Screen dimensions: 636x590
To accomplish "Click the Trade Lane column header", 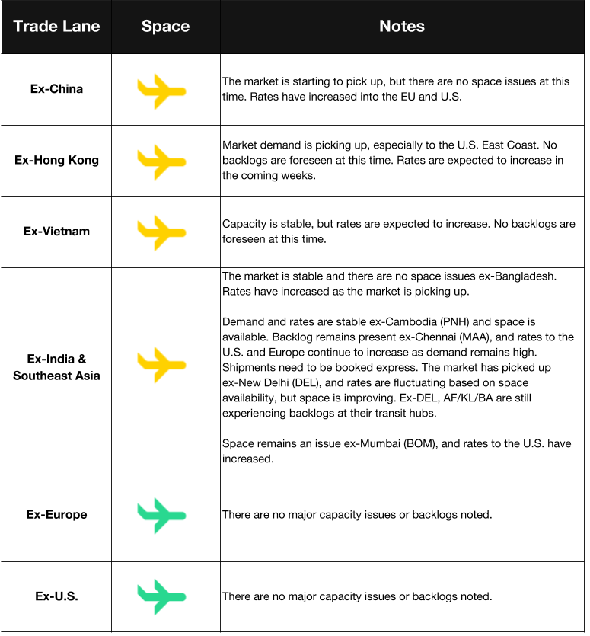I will tap(56, 27).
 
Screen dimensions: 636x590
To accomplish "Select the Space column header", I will tap(165, 27).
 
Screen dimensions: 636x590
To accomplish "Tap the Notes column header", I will tap(402, 27).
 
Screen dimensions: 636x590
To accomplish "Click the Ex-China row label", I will tap(56, 89).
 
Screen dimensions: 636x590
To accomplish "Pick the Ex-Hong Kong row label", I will tap(56, 160).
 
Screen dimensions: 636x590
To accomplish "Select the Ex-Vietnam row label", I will tap(56, 231).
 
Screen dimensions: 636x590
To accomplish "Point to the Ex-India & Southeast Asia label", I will tap(56, 367).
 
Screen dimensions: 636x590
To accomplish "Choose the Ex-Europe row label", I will tap(56, 514).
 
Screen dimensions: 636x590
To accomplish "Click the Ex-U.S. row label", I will tap(56, 596).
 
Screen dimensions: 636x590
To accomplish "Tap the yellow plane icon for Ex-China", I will tap(161, 91).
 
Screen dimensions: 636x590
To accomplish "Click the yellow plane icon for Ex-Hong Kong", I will tap(161, 161).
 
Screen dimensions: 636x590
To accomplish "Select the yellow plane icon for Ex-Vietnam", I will tap(161, 232).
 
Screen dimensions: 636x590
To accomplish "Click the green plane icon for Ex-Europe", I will tap(161, 515).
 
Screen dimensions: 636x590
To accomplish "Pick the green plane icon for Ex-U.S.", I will tap(161, 596).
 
